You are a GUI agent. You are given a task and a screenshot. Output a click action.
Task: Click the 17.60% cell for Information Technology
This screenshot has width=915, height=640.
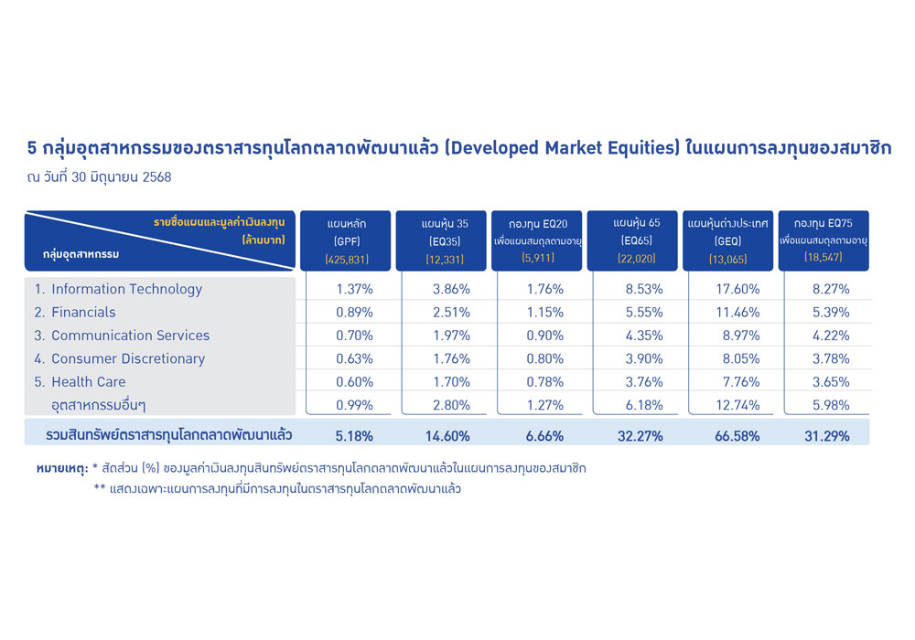click(737, 289)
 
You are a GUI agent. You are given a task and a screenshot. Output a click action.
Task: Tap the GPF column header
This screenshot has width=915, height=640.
click(346, 240)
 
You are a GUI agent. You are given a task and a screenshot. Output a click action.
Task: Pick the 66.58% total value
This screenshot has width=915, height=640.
click(737, 436)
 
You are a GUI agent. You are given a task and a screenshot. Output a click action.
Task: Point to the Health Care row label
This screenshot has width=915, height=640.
click(80, 382)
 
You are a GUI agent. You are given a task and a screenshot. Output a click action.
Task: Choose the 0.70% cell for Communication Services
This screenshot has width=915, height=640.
click(354, 336)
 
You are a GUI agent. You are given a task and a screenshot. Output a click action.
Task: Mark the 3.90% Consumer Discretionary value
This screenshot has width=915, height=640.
click(644, 359)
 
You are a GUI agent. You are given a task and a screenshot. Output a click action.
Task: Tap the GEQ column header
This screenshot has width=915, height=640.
click(727, 240)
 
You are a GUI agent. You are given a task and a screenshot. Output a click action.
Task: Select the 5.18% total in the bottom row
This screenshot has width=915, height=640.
click(354, 436)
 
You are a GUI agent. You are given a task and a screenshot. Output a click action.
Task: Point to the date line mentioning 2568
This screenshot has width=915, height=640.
click(99, 177)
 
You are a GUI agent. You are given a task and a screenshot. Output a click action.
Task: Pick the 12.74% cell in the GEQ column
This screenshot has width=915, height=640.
click(737, 405)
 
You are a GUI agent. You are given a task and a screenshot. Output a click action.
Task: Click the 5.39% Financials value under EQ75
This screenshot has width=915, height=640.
click(831, 313)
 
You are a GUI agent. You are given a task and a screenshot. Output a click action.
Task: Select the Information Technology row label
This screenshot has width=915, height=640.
click(118, 289)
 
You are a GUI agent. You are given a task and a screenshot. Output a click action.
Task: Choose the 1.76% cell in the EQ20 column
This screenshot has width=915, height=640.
click(545, 289)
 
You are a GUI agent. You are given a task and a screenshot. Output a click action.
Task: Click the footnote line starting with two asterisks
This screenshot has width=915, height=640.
click(277, 488)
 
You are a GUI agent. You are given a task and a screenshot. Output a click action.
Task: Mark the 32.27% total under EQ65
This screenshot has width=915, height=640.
click(640, 436)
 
